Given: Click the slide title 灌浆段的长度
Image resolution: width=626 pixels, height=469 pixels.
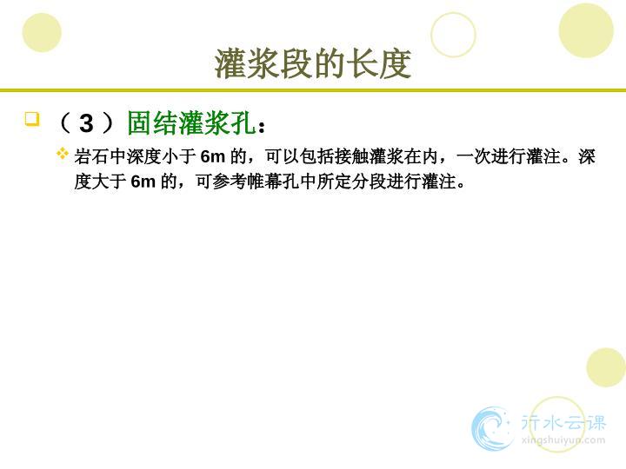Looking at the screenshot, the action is (313, 63).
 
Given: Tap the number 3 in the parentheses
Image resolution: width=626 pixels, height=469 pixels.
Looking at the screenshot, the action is (86, 123).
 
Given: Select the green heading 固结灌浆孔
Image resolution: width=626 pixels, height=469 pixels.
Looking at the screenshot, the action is (191, 122).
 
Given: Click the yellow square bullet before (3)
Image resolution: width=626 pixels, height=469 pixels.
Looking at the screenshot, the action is (32, 119).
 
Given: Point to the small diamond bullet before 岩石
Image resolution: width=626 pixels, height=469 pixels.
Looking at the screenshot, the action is (63, 153).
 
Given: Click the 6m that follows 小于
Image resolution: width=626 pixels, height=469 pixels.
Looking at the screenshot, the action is (213, 156).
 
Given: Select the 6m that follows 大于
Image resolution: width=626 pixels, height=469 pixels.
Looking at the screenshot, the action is (143, 182).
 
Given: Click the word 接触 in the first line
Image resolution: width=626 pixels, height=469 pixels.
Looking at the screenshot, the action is (352, 156).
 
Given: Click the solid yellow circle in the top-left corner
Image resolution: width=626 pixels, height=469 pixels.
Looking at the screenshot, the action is (42, 33).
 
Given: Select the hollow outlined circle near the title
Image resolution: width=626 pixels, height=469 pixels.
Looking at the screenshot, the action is (454, 13).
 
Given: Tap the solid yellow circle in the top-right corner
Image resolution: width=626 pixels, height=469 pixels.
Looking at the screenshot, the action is (586, 30).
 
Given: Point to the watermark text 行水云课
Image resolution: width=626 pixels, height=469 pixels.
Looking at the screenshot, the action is (563, 422).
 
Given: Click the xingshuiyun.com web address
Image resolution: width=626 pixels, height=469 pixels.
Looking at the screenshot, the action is (563, 440).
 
